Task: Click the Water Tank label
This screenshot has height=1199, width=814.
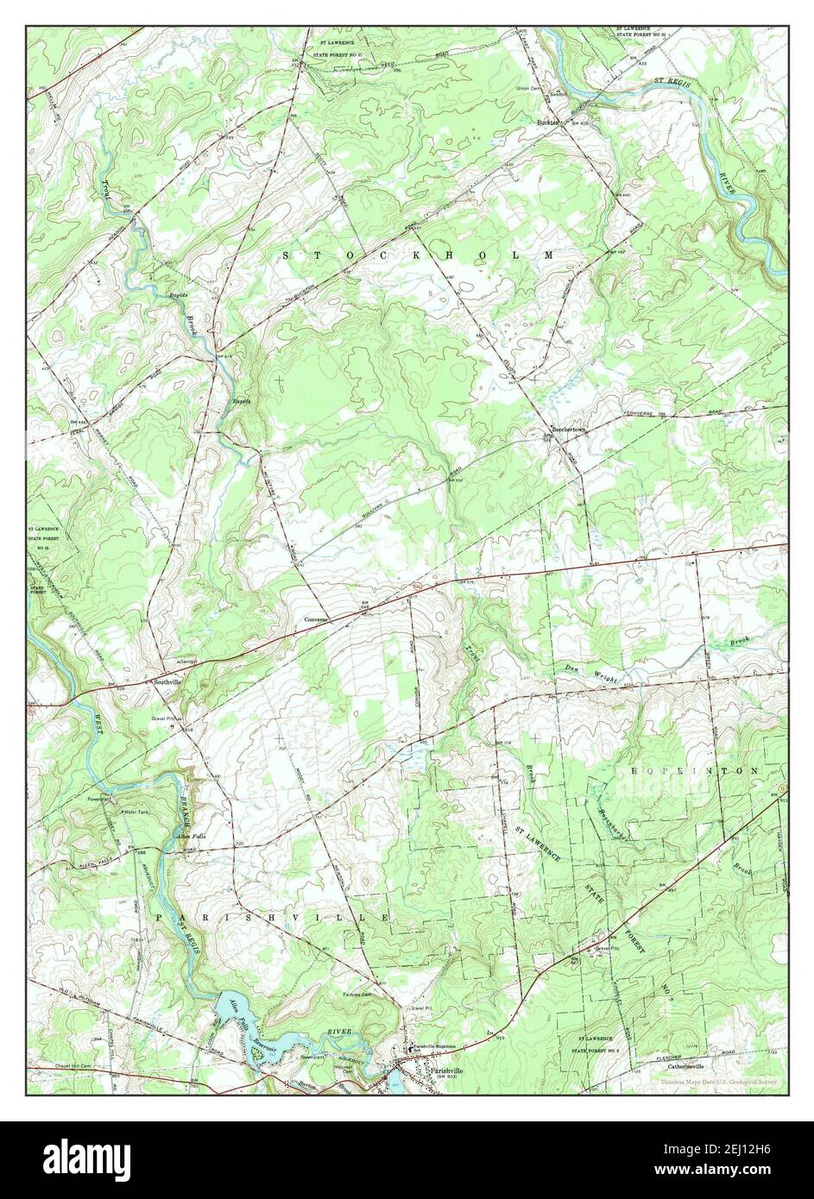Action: [x=138, y=813]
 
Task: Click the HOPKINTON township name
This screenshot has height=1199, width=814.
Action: [x=694, y=769]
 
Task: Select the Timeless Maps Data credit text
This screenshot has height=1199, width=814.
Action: [x=718, y=1082]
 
